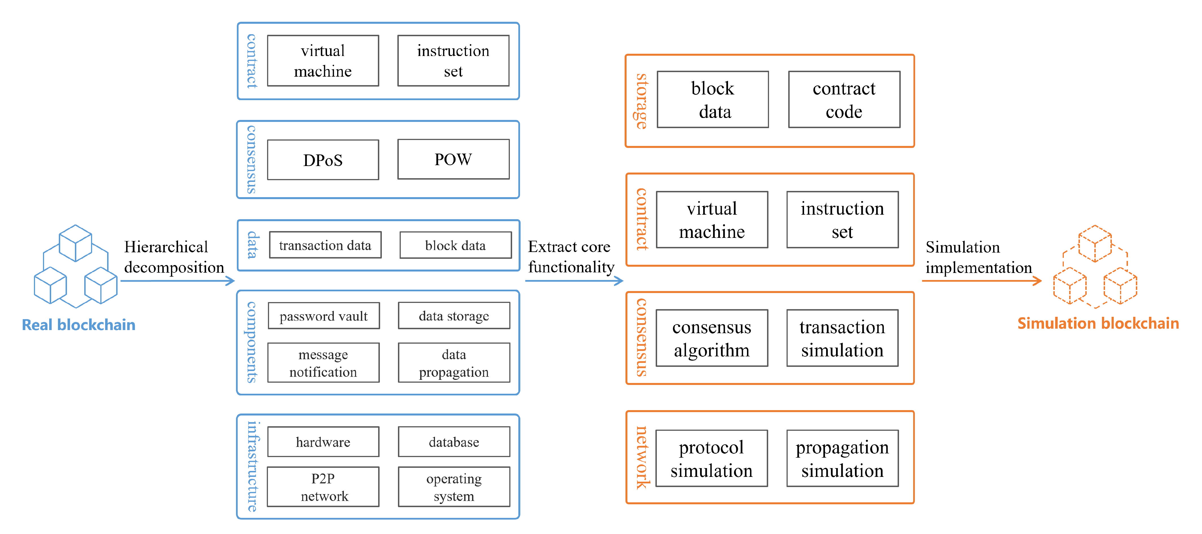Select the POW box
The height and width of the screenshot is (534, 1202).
[x=453, y=159]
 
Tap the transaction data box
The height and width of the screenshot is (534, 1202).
[x=325, y=245]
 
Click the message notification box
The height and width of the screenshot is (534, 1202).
[x=323, y=363]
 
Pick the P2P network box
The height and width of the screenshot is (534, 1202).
[x=323, y=487]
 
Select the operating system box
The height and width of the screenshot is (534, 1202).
[x=454, y=487]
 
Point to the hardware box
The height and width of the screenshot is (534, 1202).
[x=323, y=442]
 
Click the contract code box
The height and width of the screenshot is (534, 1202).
[x=844, y=100]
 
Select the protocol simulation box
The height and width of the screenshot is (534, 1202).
[x=712, y=458]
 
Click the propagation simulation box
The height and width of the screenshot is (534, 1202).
[x=842, y=458]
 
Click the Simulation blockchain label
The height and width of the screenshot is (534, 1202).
[x=1098, y=323]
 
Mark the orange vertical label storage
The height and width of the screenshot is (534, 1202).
[x=642, y=101]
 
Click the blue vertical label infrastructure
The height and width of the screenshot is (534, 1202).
[x=252, y=466]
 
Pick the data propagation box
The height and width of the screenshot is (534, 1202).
[x=454, y=363]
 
